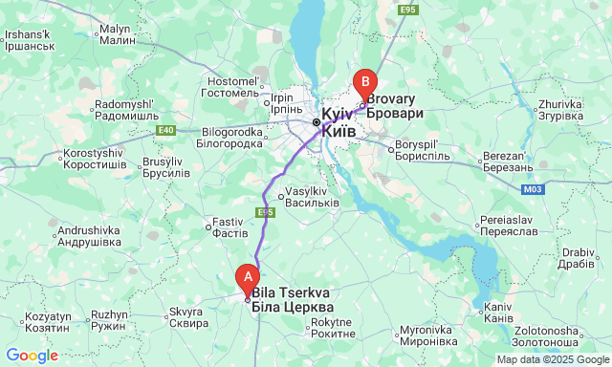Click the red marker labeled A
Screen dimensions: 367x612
click(248, 278)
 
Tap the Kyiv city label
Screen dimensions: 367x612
click(339, 121)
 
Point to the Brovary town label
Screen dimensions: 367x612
click(394, 105)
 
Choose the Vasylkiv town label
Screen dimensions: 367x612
click(313, 197)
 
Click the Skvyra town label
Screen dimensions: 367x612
click(187, 317)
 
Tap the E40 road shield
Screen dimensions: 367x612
click(166, 129)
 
